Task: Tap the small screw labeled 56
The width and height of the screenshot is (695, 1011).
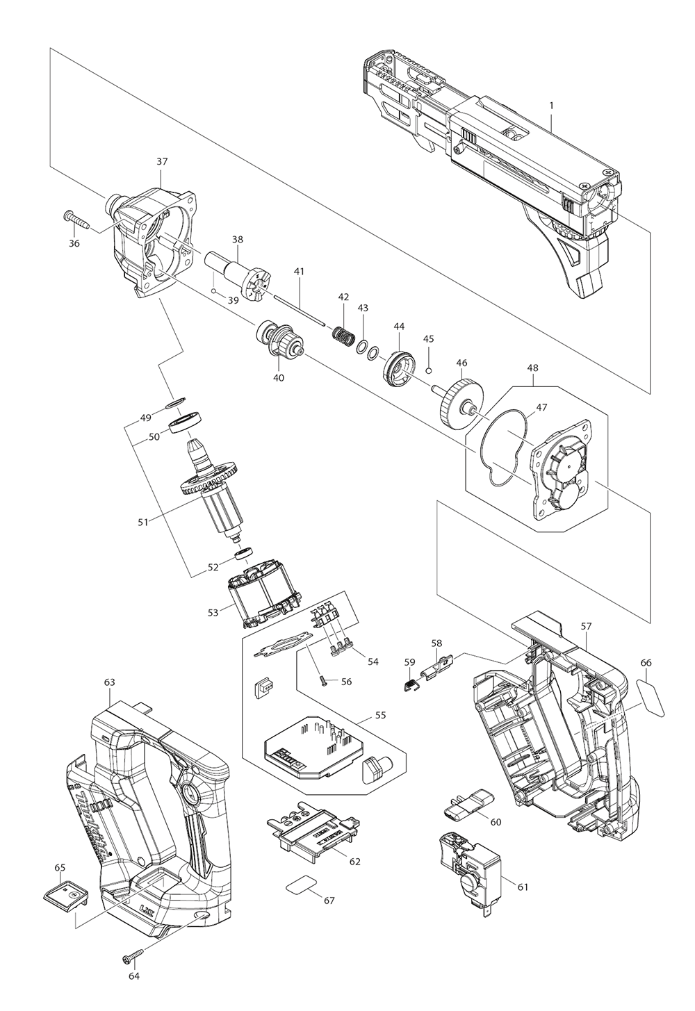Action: (x=323, y=677)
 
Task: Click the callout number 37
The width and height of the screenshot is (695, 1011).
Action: (x=162, y=161)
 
